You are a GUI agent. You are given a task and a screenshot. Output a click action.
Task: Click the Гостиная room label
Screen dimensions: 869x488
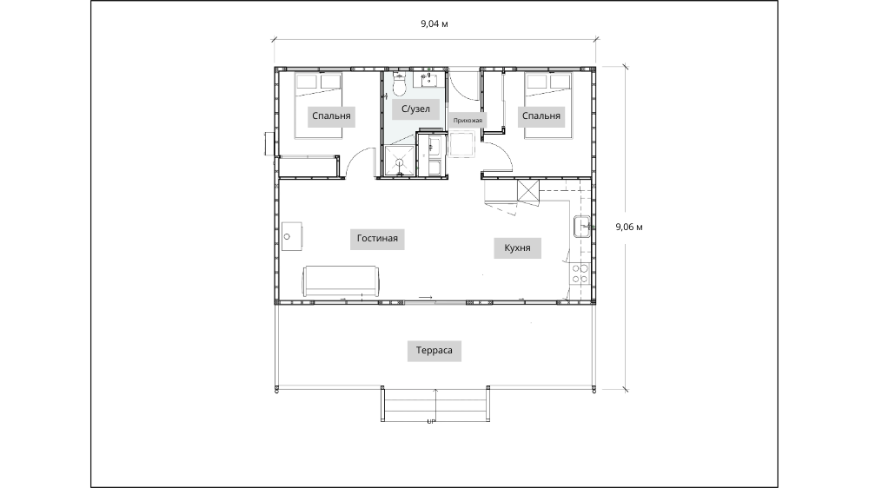[x=377, y=239]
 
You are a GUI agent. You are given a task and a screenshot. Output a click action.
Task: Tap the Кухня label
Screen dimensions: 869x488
[x=517, y=247]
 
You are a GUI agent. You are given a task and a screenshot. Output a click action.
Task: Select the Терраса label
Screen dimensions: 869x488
[x=434, y=350]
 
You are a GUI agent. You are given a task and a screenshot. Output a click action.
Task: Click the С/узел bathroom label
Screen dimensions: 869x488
[x=415, y=109]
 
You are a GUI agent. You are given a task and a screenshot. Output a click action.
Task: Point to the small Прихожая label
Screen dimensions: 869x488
[x=468, y=120]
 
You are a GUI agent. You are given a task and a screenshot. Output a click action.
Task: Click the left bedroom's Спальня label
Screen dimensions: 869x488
[x=331, y=115]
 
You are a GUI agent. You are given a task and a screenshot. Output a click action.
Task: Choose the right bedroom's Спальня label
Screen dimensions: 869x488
[x=541, y=115]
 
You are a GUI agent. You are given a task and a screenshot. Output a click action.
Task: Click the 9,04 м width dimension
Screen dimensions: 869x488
[x=434, y=23]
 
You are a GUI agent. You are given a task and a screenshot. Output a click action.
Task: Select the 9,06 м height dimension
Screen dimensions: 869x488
[x=629, y=227]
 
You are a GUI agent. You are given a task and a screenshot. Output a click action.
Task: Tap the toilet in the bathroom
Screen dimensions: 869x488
[x=399, y=83]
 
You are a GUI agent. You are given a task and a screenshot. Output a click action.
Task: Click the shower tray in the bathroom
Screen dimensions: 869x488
[x=399, y=162]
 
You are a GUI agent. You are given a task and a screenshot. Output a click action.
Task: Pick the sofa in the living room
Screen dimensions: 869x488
[x=341, y=280]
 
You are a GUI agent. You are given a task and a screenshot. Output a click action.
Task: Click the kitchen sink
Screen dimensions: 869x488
[x=582, y=226]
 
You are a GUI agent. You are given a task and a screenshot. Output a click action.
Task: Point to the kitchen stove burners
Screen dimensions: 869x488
[x=580, y=273]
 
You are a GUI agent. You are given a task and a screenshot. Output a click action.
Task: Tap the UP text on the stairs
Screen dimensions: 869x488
[x=431, y=421]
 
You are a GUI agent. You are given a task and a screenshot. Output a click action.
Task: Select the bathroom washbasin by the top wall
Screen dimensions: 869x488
[x=429, y=80]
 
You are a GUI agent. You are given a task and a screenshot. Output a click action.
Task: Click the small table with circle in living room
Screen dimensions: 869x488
[x=291, y=236]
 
